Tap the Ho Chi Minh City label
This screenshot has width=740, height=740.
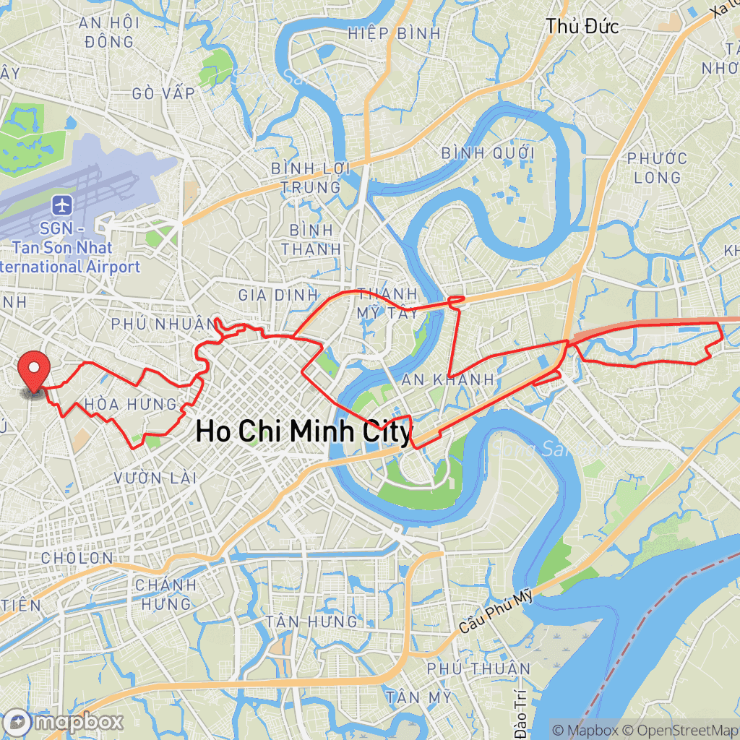[304, 432]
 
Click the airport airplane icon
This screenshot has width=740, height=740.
[63, 205]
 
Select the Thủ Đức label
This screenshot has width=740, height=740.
[582, 27]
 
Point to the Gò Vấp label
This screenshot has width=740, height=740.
[164, 93]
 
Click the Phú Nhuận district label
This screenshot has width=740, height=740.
[163, 322]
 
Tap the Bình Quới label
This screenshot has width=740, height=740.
[488, 153]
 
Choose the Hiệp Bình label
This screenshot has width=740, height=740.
[394, 33]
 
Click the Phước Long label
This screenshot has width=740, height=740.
[658, 168]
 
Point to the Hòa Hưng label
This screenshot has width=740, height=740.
[131, 403]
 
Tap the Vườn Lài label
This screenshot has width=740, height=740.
[155, 478]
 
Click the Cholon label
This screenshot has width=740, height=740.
[77, 558]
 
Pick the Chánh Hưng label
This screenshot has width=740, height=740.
[165, 594]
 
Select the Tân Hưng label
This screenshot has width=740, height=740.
[311, 621]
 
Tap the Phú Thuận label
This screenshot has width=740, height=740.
[478, 668]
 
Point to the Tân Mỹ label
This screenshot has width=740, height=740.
[418, 697]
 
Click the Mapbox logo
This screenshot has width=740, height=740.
[63, 722]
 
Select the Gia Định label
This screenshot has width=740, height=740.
[278, 295]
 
